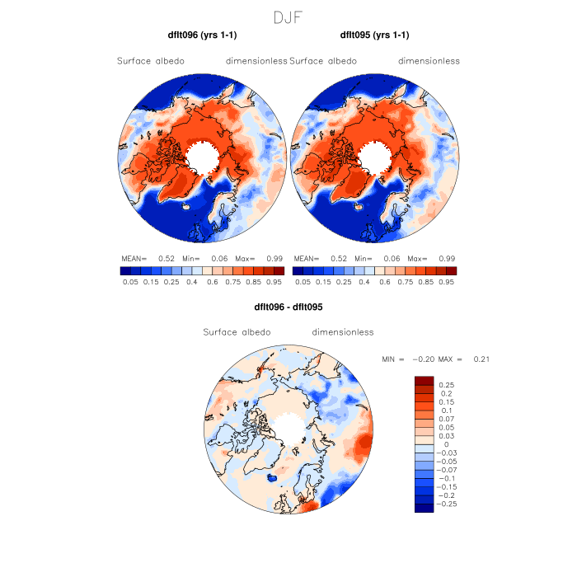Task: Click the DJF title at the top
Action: [288, 16]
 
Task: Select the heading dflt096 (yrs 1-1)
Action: [202, 35]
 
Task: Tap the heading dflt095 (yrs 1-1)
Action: [374, 35]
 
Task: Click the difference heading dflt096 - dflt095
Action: [288, 306]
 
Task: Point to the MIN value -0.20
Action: [420, 359]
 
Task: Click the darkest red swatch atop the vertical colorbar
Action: [424, 380]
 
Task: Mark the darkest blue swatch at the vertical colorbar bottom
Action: [424, 508]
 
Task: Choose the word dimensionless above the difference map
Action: [343, 332]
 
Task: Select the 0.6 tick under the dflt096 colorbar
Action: [218, 282]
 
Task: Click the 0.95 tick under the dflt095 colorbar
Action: [446, 282]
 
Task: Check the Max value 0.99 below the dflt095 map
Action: [448, 258]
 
